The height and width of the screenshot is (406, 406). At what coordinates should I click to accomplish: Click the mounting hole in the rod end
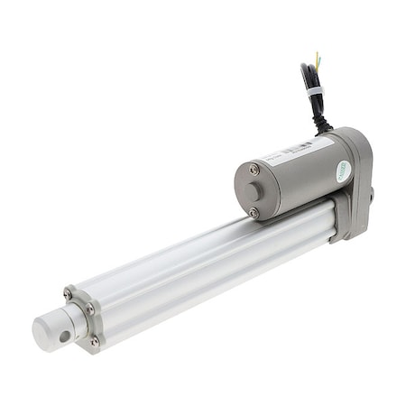click(x=63, y=335)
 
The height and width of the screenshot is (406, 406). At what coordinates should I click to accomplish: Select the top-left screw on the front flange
click(x=69, y=295)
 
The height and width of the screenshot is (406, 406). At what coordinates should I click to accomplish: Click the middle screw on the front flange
click(x=89, y=309)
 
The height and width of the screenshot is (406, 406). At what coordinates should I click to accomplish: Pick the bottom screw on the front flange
click(x=93, y=341)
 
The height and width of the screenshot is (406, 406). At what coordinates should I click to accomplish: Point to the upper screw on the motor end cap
click(x=254, y=170)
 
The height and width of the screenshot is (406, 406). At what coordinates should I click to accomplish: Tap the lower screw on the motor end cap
click(x=254, y=212)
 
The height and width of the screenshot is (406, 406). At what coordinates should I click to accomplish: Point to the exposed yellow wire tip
click(x=317, y=58)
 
